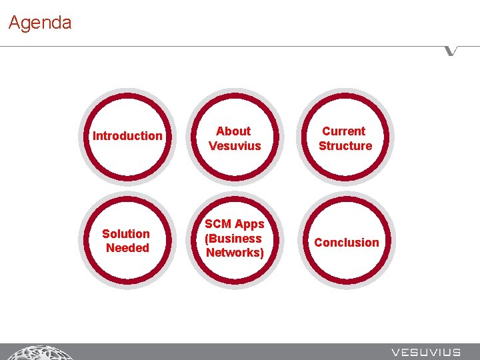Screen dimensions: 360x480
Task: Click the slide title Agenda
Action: coord(40,23)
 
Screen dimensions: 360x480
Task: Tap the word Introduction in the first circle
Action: coord(127,136)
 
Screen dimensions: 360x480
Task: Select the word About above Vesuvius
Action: coord(233,131)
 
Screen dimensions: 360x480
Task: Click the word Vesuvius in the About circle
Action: coord(235,146)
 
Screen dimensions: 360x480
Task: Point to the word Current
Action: coord(344,131)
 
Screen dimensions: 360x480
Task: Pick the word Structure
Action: coord(345,146)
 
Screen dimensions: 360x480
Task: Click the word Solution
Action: coord(126,233)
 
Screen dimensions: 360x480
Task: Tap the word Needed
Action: coord(127,248)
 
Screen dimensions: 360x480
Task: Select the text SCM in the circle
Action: coord(219,224)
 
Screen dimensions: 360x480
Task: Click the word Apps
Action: coord(249,224)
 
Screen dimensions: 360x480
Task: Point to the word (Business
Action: coord(233,239)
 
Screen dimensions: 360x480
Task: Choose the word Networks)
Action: coord(235,253)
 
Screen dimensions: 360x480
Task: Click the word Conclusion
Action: coord(346,243)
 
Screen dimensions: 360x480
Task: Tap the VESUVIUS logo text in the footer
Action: coord(426,352)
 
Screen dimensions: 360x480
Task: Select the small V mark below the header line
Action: coord(452,51)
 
